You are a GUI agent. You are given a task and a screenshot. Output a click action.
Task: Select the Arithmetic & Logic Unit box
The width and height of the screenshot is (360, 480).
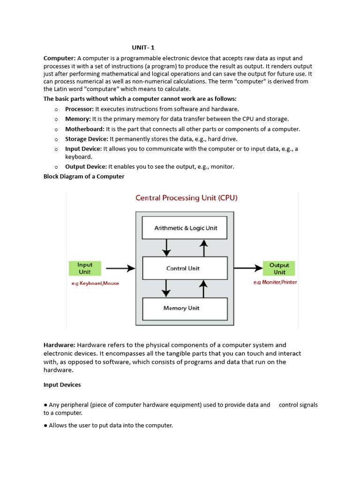(x=186, y=228)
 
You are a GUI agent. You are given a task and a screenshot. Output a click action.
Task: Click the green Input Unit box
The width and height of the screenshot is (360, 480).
(x=85, y=268)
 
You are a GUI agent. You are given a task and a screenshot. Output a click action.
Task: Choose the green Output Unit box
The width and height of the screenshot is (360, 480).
(x=279, y=268)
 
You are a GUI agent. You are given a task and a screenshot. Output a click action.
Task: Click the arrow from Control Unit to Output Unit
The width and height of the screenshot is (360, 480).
(x=248, y=268)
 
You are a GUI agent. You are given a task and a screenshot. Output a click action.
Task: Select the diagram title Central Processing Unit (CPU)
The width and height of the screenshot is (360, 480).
(x=186, y=198)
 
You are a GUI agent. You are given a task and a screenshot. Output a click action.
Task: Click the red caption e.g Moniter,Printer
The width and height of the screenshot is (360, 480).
(x=275, y=282)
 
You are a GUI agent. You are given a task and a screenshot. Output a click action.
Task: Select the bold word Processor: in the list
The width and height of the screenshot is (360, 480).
(x=79, y=109)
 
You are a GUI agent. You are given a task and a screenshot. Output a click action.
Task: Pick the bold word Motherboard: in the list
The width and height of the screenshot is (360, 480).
(x=85, y=129)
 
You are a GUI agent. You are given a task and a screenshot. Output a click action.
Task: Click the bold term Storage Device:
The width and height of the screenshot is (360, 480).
(x=87, y=139)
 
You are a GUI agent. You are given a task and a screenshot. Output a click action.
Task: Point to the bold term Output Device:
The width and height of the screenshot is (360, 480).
(x=86, y=166)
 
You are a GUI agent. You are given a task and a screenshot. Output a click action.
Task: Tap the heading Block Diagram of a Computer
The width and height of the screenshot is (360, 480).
(x=84, y=177)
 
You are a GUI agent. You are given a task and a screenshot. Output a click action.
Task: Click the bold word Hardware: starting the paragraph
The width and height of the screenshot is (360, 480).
(x=59, y=345)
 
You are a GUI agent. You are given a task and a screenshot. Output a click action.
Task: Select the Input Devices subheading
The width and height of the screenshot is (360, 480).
(x=62, y=385)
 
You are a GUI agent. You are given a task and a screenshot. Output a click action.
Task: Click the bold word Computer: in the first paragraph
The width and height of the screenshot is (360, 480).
(x=60, y=58)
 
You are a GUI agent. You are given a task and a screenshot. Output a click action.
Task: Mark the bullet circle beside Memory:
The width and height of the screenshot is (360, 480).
(x=56, y=119)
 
